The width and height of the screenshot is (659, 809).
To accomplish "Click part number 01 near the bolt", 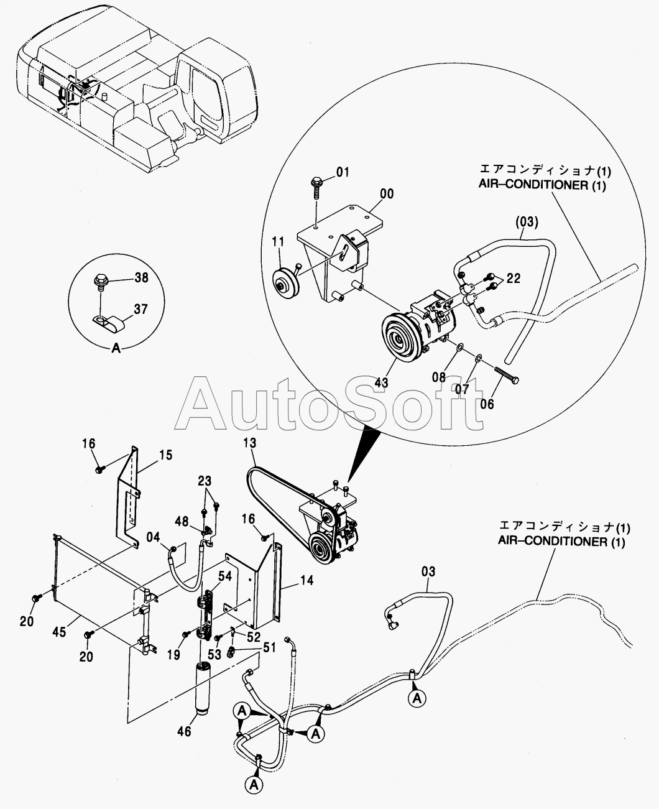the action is [343, 172].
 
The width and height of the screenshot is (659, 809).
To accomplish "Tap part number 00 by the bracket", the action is [387, 194].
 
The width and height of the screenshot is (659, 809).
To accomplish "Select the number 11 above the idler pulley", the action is [278, 241].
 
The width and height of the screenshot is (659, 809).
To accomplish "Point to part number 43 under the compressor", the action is [382, 382].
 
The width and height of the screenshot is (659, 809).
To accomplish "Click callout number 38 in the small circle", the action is [141, 277].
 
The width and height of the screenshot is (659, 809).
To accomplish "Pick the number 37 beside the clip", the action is [141, 309].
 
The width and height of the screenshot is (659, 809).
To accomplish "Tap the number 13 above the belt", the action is [250, 443].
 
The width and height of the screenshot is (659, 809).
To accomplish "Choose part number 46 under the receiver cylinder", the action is [185, 731].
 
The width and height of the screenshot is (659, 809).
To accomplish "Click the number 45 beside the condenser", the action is [59, 632].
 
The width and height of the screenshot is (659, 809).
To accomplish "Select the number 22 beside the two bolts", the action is [514, 279].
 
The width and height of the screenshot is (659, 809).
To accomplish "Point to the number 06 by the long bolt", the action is [487, 404].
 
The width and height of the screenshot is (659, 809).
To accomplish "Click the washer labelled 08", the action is [459, 346].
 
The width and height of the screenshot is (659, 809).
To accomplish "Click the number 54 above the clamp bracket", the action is [224, 576].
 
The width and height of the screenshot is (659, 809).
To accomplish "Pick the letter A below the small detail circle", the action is [116, 348].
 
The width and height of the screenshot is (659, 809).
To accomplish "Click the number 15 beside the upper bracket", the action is [166, 455].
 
